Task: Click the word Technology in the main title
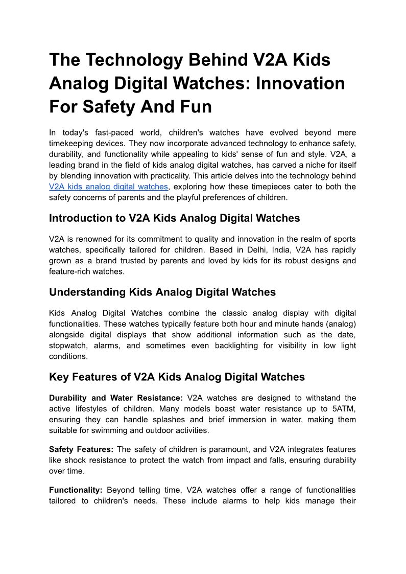(131, 60)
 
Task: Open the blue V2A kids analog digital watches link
(108, 187)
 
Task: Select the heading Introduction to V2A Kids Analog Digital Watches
(174, 218)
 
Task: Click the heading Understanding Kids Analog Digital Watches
(162, 292)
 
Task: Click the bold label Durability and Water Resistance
(115, 398)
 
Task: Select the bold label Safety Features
(81, 449)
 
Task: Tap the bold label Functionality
(76, 490)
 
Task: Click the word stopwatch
(69, 346)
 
